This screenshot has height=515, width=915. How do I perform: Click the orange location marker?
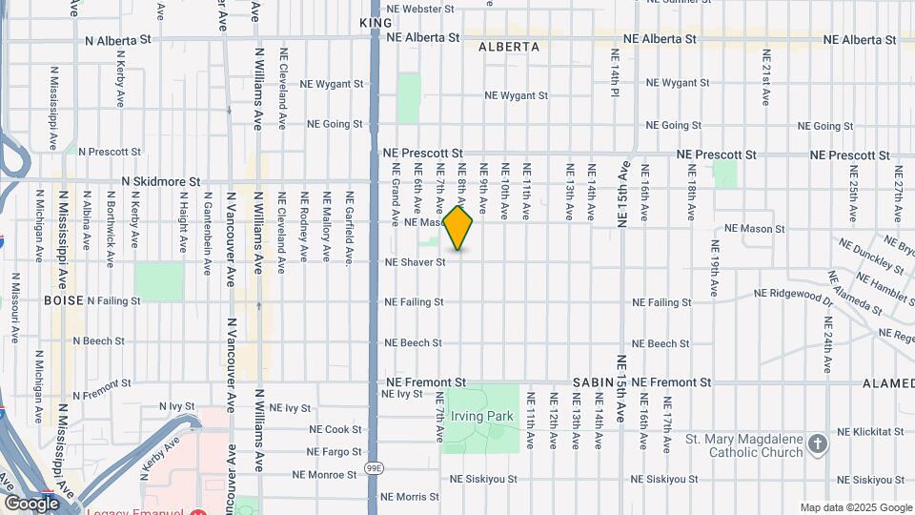point(458,228)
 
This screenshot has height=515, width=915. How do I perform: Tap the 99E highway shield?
point(374,469)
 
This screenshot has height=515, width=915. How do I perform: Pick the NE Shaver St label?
point(415,262)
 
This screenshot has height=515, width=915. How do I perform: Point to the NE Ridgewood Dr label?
point(794,296)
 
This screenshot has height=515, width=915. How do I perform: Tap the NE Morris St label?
point(410,496)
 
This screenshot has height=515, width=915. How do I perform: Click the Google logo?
point(32,503)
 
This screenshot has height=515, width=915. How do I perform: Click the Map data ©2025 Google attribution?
point(855,507)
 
